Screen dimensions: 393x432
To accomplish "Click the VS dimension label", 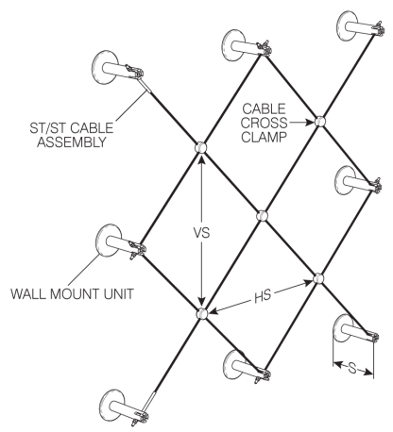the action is (x=201, y=233).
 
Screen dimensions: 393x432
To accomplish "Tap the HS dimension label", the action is (x=263, y=296).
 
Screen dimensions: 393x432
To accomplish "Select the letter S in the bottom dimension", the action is (x=352, y=368).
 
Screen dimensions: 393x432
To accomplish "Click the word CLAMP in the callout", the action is (x=265, y=137).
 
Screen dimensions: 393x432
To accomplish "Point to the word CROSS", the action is (x=265, y=123).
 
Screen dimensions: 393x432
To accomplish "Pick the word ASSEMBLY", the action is (x=72, y=142).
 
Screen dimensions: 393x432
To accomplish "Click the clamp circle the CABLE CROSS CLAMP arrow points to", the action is (x=319, y=122).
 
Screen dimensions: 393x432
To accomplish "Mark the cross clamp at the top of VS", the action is (x=200, y=147).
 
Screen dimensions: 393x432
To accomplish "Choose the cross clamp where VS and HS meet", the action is (x=201, y=313).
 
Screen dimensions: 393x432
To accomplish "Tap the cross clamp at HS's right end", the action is (x=318, y=278).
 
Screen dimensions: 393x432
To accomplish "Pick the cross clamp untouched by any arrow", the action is (x=262, y=216).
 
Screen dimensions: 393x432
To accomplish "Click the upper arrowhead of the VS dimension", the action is (x=201, y=158).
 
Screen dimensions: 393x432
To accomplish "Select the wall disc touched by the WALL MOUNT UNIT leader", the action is (x=107, y=241).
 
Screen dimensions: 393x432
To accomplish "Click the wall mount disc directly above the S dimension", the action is (x=342, y=328).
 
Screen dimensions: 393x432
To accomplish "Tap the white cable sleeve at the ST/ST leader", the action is (x=145, y=85).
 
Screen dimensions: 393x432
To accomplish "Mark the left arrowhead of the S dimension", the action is (x=337, y=365).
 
